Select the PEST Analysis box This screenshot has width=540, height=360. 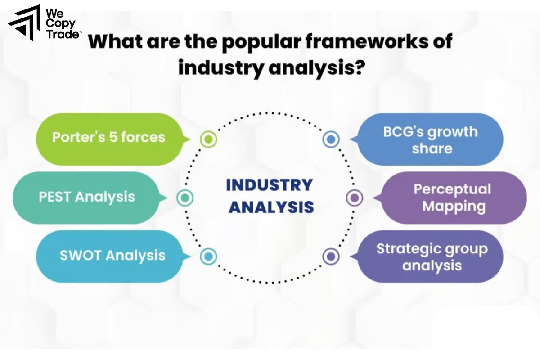tap(86, 197)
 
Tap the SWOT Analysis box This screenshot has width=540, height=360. tap(112, 256)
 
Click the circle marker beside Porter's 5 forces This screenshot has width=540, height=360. tap(208, 139)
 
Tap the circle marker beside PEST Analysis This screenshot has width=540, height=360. tap(185, 198)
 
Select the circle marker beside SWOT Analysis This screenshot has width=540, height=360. tap(208, 256)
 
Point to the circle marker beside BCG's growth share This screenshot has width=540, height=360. tap(331, 139)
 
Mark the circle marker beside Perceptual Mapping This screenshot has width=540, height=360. tap(355, 198)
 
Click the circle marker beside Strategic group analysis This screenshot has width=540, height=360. tap(331, 256)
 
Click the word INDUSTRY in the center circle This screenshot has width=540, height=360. tap(269, 185)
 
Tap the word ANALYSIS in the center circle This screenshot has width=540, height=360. tap(271, 207)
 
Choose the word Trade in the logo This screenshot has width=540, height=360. tap(62, 34)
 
